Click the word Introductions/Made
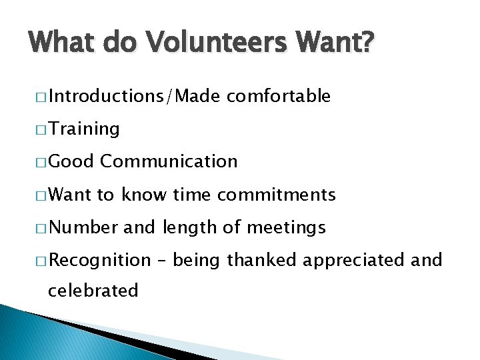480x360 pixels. click(134, 96)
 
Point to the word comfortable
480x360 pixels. click(278, 96)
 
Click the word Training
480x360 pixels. click(84, 129)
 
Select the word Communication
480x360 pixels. click(169, 161)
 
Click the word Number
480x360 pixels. click(83, 227)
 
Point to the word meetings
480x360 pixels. click(286, 227)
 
